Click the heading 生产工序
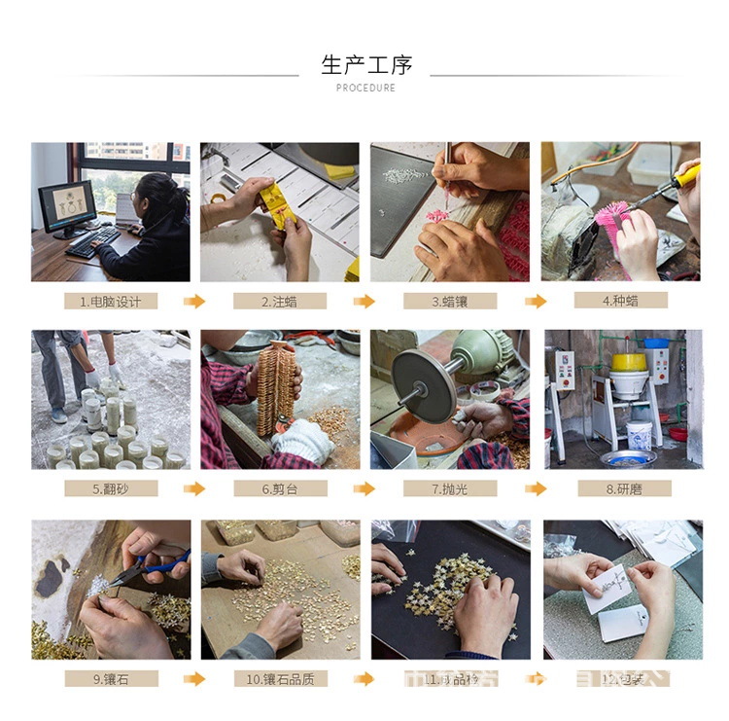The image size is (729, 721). click(366, 65)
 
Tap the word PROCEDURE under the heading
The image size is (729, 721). click(365, 88)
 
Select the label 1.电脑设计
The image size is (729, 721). click(111, 302)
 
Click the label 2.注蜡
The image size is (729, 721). click(280, 302)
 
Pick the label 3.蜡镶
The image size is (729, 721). click(449, 302)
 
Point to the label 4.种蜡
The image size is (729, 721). click(620, 301)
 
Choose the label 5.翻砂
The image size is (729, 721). click(111, 488)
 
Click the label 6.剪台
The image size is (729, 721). click(280, 488)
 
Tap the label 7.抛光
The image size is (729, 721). click(449, 488)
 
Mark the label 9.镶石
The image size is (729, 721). click(111, 678)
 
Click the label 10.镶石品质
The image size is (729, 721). click(280, 678)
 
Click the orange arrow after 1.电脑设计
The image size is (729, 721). click(195, 302)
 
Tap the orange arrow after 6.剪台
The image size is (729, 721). click(364, 488)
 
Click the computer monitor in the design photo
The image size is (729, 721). click(67, 205)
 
